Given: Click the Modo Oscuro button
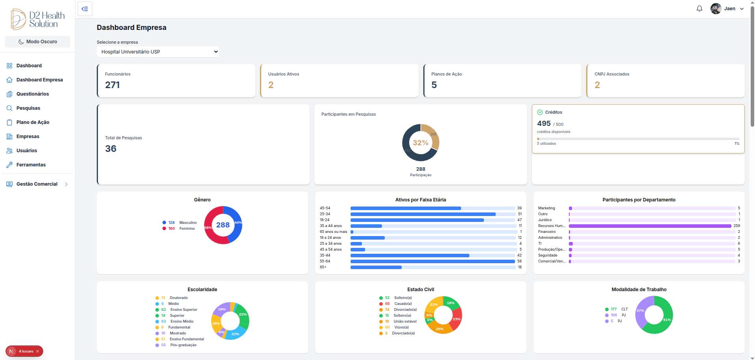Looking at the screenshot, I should (x=37, y=42).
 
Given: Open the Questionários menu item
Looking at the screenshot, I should (x=32, y=94).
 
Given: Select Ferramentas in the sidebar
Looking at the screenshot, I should (x=31, y=165).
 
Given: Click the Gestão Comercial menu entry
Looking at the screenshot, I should (x=37, y=184).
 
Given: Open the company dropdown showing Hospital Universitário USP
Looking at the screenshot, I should (x=157, y=52).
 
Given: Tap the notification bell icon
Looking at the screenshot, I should (x=699, y=9).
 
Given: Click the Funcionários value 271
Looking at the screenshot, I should (x=113, y=85).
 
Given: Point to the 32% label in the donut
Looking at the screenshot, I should (x=420, y=143).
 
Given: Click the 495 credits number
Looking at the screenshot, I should (x=544, y=124).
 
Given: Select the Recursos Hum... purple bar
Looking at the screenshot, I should (x=649, y=226).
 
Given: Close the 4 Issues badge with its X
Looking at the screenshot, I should (x=38, y=351).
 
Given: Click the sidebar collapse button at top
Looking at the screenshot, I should (x=85, y=9).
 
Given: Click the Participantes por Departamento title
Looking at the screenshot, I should (x=639, y=200).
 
